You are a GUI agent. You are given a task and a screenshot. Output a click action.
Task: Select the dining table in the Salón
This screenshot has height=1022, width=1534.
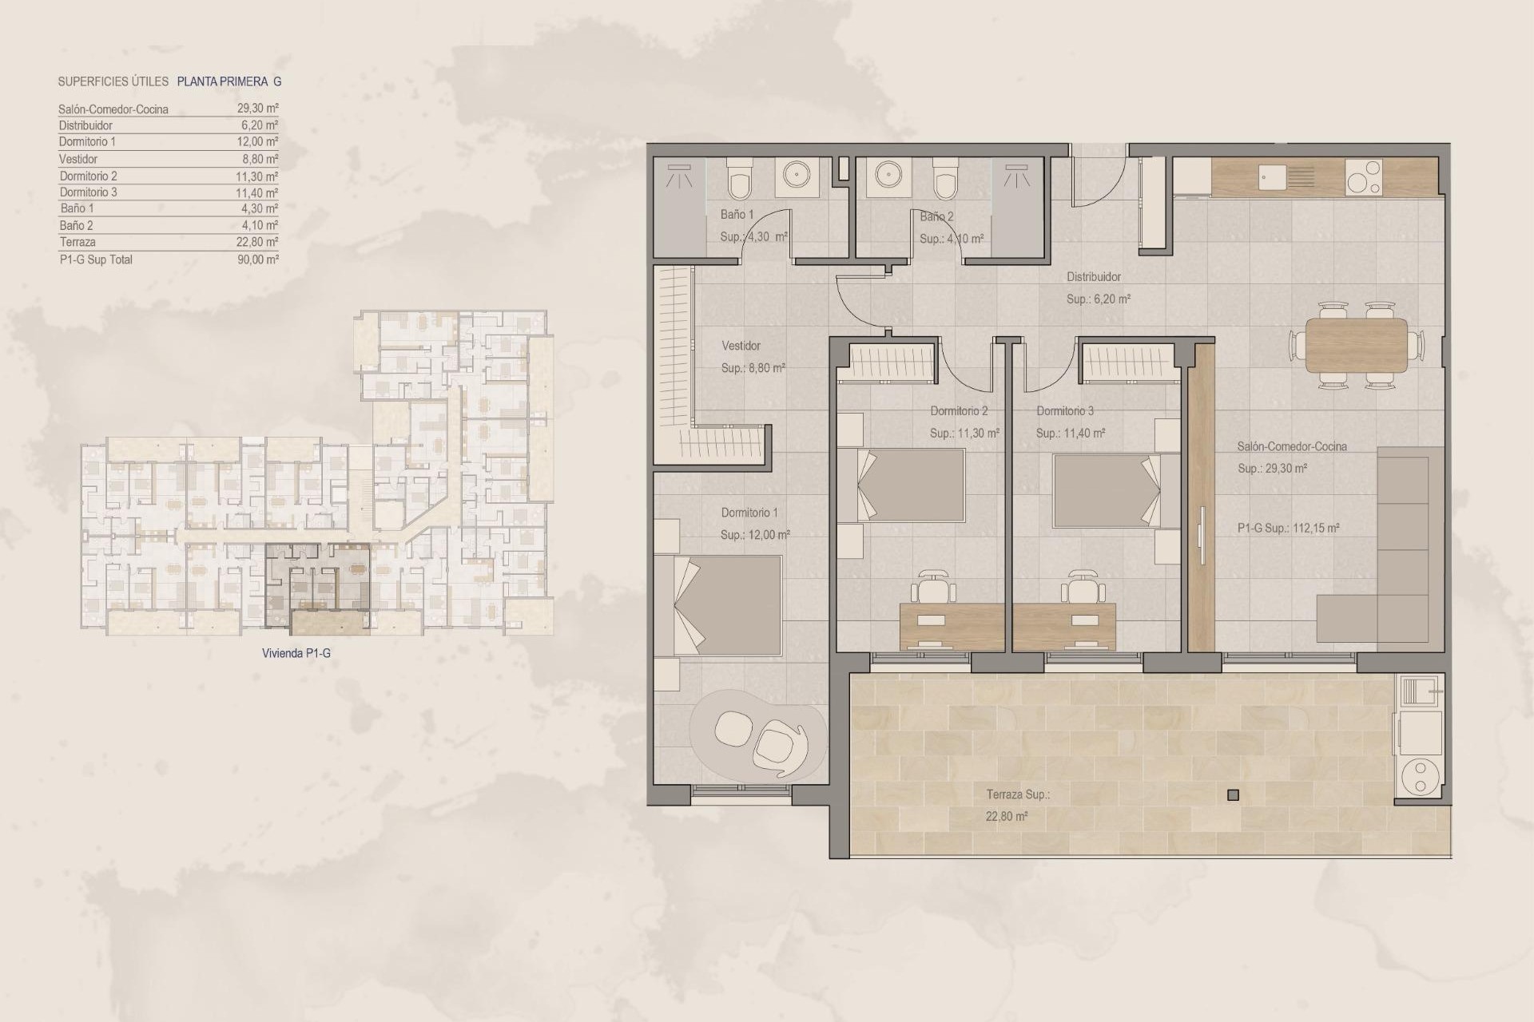(x=1356, y=345)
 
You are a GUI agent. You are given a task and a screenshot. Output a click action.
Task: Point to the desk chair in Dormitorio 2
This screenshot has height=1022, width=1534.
(x=936, y=588)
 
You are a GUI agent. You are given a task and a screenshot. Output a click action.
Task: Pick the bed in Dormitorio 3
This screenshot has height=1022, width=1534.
(x=1106, y=490)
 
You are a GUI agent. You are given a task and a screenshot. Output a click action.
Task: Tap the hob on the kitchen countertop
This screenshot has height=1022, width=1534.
(x=1363, y=177)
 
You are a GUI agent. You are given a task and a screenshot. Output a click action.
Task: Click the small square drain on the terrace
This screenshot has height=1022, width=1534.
(x=1233, y=794)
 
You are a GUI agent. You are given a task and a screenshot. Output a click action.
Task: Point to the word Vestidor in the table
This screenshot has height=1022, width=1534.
(x=78, y=159)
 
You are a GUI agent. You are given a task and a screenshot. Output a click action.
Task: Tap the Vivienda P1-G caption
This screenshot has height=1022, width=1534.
(x=296, y=653)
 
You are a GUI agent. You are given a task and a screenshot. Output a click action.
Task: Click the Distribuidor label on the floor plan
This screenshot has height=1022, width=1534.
(x=1094, y=277)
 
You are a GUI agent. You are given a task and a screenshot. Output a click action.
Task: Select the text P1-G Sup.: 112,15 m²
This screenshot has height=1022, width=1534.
(x=1288, y=528)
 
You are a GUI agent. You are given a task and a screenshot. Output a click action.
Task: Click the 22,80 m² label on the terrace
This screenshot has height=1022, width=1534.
(x=1007, y=816)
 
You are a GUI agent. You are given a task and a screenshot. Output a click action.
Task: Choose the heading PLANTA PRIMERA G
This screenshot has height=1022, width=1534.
(x=229, y=81)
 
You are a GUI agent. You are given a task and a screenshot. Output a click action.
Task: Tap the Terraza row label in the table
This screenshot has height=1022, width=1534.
(x=77, y=242)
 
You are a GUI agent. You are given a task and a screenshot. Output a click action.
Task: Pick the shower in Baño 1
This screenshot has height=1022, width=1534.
(x=680, y=178)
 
